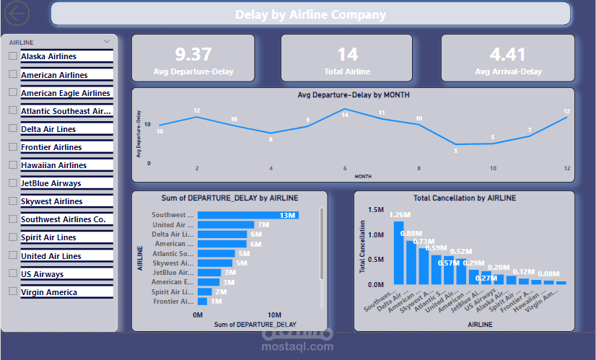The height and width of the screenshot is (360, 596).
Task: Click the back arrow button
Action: (x=17, y=13)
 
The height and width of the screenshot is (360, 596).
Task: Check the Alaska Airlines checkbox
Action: (x=12, y=56)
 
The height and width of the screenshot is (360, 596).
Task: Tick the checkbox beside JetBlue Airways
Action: (x=12, y=183)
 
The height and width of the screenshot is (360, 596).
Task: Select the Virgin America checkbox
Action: (x=12, y=291)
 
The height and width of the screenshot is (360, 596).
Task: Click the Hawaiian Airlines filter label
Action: (x=53, y=165)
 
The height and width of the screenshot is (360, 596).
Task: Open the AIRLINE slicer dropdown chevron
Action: (x=108, y=42)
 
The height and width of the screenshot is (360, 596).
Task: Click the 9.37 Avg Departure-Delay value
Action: (x=193, y=54)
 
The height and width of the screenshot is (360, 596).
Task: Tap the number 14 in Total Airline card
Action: (x=348, y=54)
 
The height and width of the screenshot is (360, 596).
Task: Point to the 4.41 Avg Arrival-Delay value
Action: (x=508, y=54)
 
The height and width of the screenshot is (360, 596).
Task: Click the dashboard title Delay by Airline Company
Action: (x=310, y=14)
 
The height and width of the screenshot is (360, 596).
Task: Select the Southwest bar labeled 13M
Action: (x=247, y=215)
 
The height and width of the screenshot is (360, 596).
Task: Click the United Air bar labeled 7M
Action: (x=225, y=225)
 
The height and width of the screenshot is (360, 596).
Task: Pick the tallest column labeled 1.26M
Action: (x=398, y=253)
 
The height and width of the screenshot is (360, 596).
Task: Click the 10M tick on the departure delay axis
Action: (x=274, y=315)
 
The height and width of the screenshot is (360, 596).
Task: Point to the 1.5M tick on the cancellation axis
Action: (x=376, y=210)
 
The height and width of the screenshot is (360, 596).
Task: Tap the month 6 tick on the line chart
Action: (x=345, y=168)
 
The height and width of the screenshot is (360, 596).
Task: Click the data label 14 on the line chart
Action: (x=345, y=115)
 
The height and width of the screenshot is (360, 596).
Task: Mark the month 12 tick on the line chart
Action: (x=567, y=168)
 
